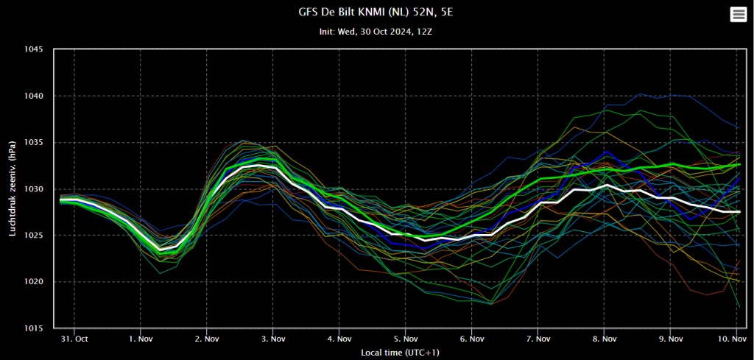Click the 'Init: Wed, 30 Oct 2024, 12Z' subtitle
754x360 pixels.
(x=376, y=32)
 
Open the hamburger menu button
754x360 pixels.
(x=738, y=15)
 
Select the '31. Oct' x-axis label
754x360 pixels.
(x=74, y=339)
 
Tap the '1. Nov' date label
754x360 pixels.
(x=140, y=339)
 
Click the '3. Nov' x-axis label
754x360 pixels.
(x=272, y=339)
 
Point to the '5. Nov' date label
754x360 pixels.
(x=405, y=339)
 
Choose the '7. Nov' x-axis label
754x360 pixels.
(x=538, y=339)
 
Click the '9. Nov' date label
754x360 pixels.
(x=670, y=339)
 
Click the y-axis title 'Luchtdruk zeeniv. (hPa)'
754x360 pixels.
(x=13, y=189)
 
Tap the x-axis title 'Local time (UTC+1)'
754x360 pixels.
(x=400, y=353)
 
